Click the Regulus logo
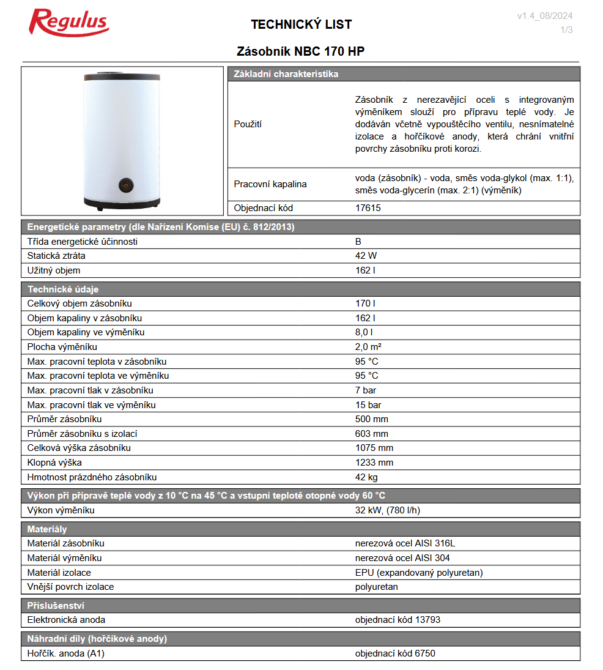(x=69, y=23)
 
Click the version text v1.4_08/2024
(x=544, y=17)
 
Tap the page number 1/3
(x=566, y=30)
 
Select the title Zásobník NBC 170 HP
(x=300, y=51)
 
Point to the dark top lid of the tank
(x=122, y=78)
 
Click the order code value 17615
(x=368, y=208)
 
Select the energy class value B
(x=358, y=241)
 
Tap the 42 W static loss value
(x=366, y=256)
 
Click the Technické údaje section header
(x=63, y=289)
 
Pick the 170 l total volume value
(x=365, y=303)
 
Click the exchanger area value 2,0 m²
(x=368, y=347)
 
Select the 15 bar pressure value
(x=368, y=405)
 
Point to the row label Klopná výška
(x=54, y=463)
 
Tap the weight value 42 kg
(x=367, y=477)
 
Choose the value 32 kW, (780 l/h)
(x=387, y=510)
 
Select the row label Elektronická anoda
(x=67, y=620)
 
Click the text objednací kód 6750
(x=395, y=653)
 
